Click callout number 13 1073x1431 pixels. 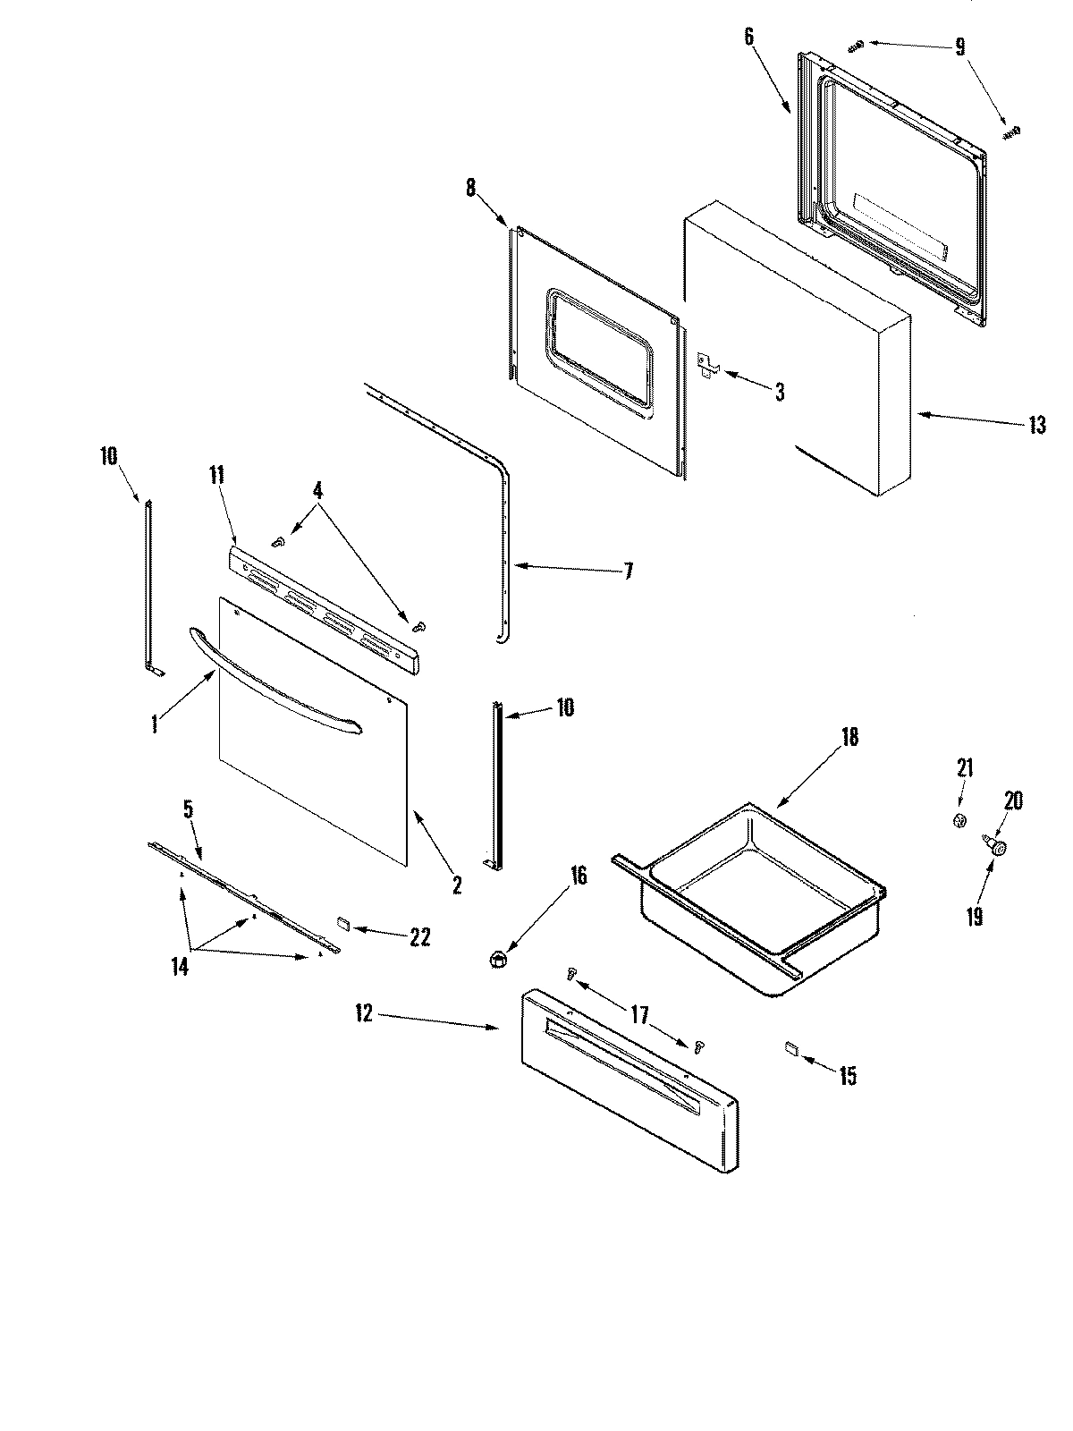click(1035, 426)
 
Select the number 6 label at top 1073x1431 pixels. click(748, 37)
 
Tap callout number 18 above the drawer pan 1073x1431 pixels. click(849, 737)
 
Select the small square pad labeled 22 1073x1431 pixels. click(344, 921)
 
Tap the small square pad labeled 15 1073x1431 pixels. click(790, 1047)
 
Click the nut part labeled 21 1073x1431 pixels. click(959, 820)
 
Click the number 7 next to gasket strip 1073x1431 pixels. click(628, 571)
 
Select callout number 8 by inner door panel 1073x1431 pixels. click(470, 189)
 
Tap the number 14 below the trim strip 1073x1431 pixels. click(180, 967)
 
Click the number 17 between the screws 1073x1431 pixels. click(638, 1016)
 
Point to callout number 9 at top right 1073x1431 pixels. click(959, 47)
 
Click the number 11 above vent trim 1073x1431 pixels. click(216, 475)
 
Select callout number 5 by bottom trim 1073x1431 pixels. click(188, 810)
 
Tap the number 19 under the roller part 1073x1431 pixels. click(974, 917)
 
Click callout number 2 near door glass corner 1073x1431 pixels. click(457, 886)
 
